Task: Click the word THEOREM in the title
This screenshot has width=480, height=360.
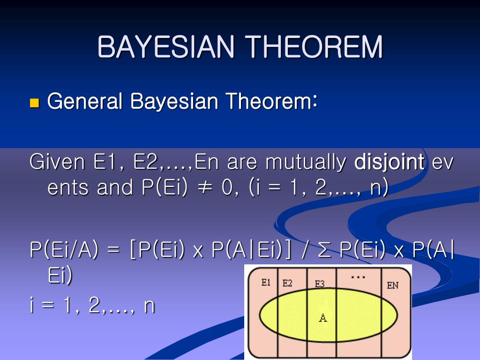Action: tap(315, 47)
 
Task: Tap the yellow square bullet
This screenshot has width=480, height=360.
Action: tap(34, 103)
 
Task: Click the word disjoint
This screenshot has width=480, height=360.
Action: tap(390, 163)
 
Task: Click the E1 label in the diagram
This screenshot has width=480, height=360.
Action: tap(266, 283)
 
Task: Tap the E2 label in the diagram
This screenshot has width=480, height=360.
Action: tap(287, 283)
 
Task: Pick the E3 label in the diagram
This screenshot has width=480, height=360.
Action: tap(320, 284)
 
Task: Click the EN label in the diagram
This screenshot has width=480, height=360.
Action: tap(393, 285)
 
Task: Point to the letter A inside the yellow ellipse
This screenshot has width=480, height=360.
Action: tap(323, 318)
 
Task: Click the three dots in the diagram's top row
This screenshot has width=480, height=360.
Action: tap(358, 277)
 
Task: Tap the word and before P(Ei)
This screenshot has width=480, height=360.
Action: tap(115, 187)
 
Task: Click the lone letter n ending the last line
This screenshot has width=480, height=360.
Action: tap(149, 306)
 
